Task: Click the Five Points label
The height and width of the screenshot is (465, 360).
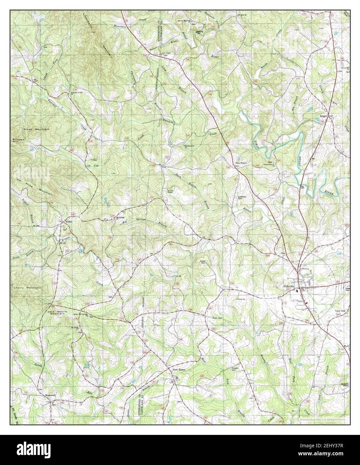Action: coord(241,163)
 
